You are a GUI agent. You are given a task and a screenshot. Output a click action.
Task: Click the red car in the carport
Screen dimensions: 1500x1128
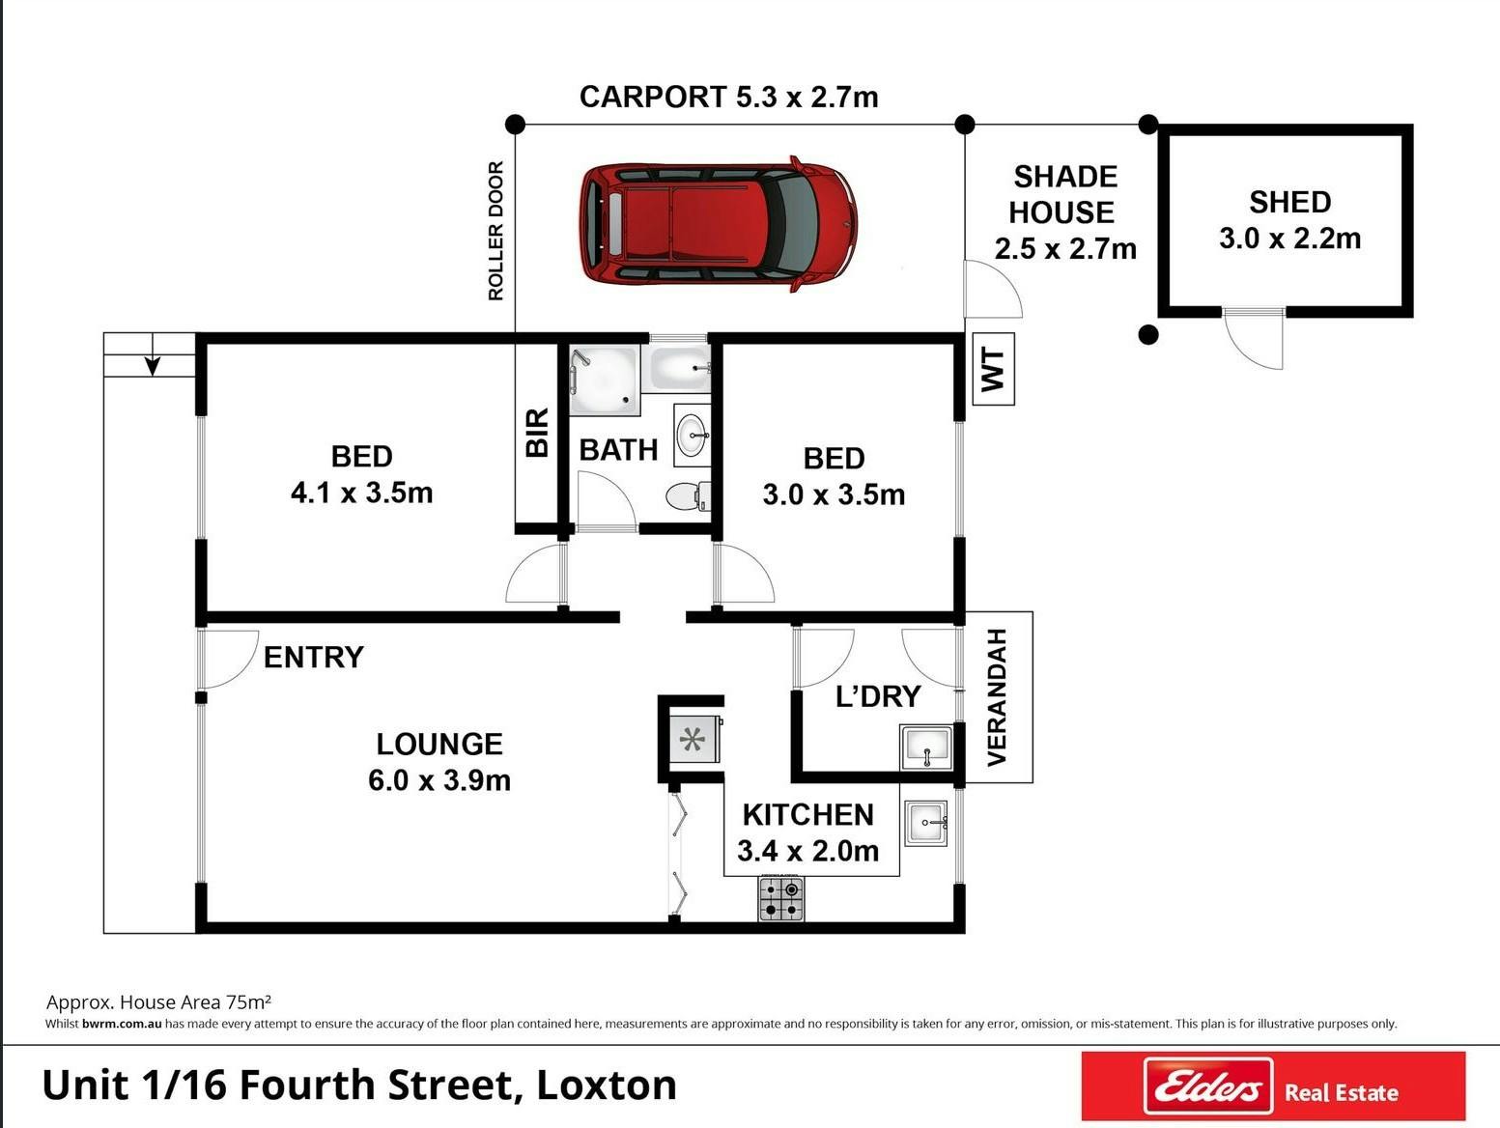click(x=719, y=223)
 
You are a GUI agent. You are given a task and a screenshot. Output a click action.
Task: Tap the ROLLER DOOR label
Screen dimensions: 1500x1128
click(x=496, y=231)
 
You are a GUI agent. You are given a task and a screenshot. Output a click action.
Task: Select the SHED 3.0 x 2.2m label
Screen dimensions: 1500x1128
click(x=1289, y=220)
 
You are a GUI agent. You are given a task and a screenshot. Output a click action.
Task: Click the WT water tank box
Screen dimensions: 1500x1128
click(x=993, y=369)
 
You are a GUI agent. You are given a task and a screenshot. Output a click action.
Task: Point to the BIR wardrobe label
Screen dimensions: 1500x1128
click(x=537, y=433)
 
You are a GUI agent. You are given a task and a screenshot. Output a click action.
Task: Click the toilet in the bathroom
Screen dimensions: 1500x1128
click(x=688, y=496)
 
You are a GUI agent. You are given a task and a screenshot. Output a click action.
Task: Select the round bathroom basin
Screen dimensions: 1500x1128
click(x=693, y=435)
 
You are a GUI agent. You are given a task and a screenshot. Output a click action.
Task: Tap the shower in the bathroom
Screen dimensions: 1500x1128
click(x=605, y=380)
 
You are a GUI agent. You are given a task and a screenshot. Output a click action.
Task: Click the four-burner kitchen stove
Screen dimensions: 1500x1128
click(x=781, y=899)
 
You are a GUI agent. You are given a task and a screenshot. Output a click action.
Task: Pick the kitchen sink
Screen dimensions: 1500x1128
click(x=926, y=823)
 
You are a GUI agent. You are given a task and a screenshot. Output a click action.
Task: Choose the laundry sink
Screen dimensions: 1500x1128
click(x=926, y=747)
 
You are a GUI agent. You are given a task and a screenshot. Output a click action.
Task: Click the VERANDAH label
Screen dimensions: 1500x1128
click(x=998, y=697)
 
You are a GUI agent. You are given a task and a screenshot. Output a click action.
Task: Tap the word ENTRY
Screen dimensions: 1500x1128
click(x=314, y=658)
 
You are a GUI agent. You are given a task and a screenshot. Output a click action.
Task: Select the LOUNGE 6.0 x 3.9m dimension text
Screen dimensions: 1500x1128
click(x=439, y=762)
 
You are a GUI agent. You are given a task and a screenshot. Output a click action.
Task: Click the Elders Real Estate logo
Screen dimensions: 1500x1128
click(x=1274, y=1086)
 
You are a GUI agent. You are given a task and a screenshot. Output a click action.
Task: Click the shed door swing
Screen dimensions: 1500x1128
click(x=1254, y=340)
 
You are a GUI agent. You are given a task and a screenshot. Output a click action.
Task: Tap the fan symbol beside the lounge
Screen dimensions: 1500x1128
click(x=692, y=739)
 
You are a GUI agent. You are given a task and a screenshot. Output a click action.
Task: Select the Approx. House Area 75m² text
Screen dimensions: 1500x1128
click(x=158, y=1002)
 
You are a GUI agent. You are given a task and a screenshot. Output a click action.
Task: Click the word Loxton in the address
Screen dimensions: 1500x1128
click(x=607, y=1085)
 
